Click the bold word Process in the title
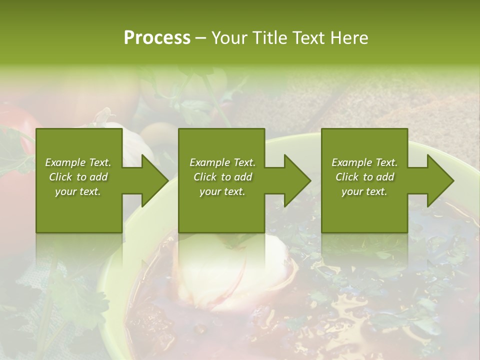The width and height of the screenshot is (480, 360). tap(157, 38)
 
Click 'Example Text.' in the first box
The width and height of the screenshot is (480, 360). tap(78, 162)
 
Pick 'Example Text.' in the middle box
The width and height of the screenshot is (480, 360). tap(222, 162)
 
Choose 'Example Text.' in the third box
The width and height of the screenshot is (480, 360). tap(364, 162)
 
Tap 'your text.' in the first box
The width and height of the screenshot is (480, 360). tap(78, 191)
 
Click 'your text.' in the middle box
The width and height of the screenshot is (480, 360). tap(222, 191)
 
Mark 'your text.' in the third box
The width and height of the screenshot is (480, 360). tap(364, 191)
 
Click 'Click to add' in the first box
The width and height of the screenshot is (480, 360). tap(78, 177)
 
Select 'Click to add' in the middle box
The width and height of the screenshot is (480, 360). tap(222, 177)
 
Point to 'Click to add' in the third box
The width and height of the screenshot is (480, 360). tap(364, 177)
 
